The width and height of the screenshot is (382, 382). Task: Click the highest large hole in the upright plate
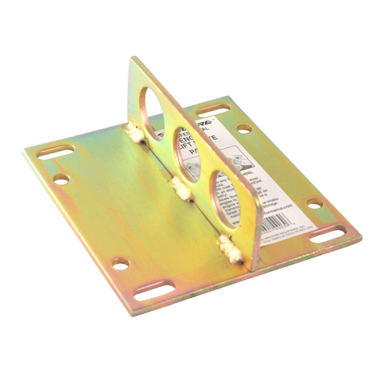152,108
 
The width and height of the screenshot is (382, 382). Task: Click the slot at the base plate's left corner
56,152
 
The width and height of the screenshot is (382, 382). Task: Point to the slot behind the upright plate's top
213,110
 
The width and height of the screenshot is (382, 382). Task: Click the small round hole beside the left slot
61,179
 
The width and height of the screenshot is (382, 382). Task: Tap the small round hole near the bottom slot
120,264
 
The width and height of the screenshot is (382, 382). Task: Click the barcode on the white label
278,223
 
